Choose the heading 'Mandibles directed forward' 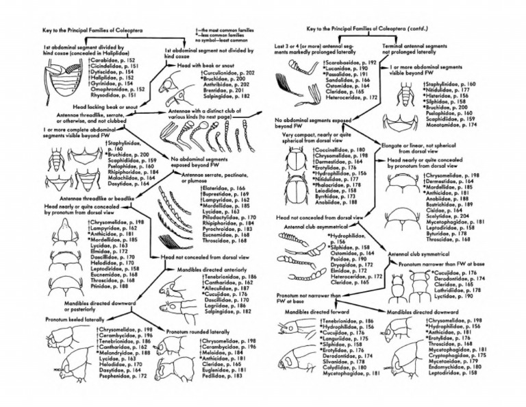coord(312,312)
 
